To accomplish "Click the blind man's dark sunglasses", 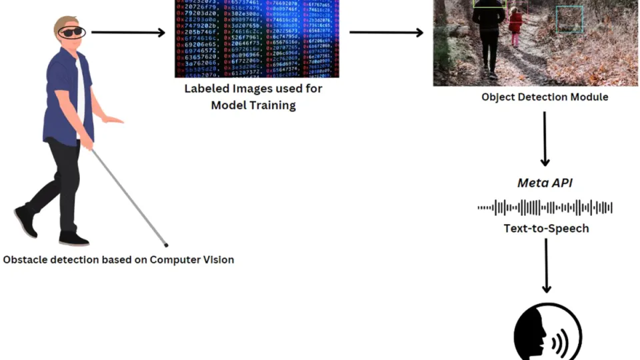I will [x=71, y=32].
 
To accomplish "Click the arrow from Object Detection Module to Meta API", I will [x=545, y=139].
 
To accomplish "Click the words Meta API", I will [x=545, y=183].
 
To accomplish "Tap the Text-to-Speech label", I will [x=546, y=229].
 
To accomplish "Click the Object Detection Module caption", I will [x=545, y=97].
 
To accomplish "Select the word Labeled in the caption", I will [x=207, y=89].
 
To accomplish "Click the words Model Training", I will [x=253, y=105].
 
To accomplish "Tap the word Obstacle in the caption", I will [x=25, y=259].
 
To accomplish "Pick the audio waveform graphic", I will [x=545, y=208].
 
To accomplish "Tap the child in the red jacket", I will [x=515, y=25].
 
